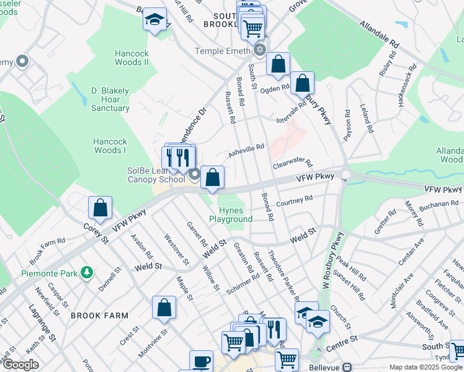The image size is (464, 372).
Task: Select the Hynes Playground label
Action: tap(231, 215)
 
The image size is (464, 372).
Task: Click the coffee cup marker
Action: tap(200, 361)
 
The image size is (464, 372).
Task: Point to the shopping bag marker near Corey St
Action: tap(100, 208)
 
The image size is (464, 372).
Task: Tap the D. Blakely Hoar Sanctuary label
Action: tap(110, 99)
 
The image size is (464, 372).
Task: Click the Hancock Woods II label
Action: tap(132, 58)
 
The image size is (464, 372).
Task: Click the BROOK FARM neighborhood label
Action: tap(94, 316)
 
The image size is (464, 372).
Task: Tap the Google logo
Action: tap(20, 365)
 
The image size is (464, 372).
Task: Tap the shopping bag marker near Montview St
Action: tap(164, 307)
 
